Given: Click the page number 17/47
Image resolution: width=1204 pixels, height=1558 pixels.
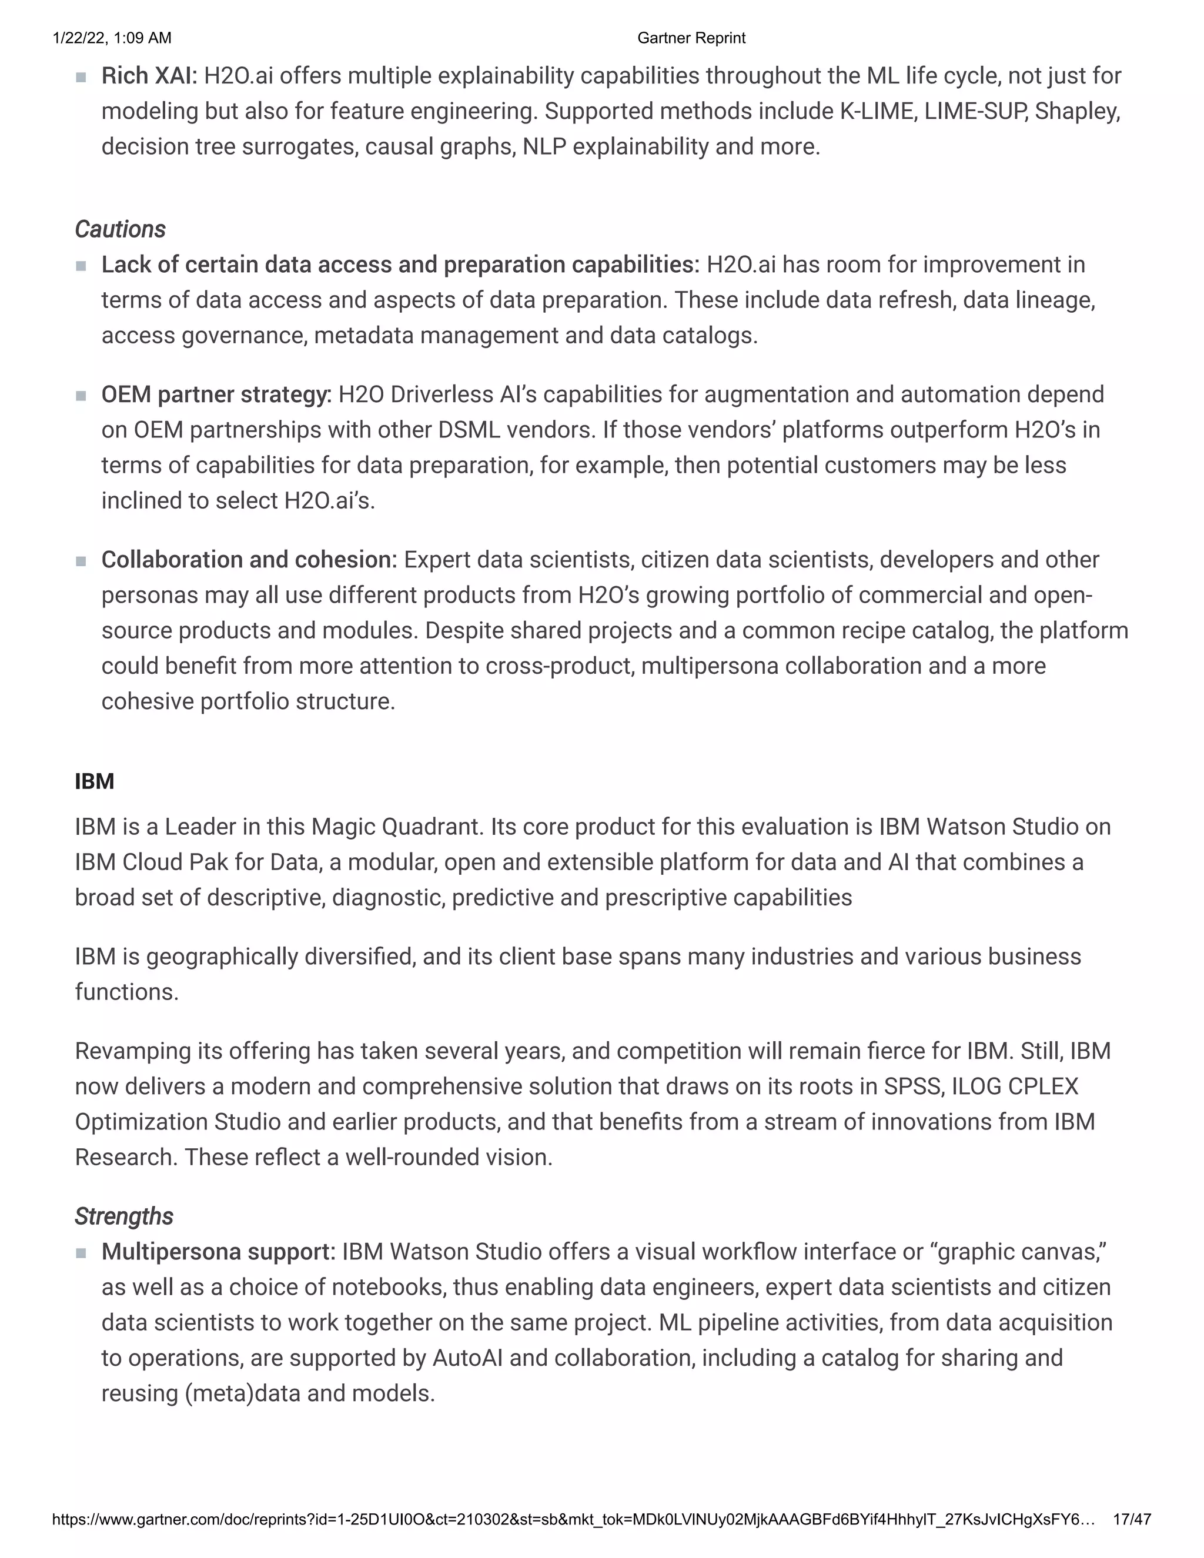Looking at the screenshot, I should (x=1131, y=1519).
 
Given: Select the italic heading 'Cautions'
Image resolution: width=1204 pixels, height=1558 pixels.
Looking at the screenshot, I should (x=120, y=230).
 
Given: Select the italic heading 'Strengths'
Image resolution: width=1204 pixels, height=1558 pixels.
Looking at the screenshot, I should (x=123, y=1216).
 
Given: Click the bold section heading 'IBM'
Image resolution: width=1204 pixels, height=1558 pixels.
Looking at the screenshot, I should (x=94, y=781).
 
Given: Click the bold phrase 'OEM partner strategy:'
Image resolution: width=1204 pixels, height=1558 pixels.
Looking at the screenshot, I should (x=216, y=394).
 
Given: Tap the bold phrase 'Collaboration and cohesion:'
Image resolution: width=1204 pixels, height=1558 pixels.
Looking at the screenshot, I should (x=249, y=560).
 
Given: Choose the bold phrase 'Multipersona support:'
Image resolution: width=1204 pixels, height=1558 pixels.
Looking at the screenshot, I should (x=218, y=1252).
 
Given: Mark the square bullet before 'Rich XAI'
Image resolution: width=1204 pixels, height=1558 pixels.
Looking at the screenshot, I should (x=81, y=77).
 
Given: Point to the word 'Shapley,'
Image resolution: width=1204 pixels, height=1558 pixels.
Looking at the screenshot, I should (x=1077, y=111).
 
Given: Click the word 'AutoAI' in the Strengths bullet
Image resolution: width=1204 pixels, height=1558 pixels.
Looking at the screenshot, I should (x=467, y=1358).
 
